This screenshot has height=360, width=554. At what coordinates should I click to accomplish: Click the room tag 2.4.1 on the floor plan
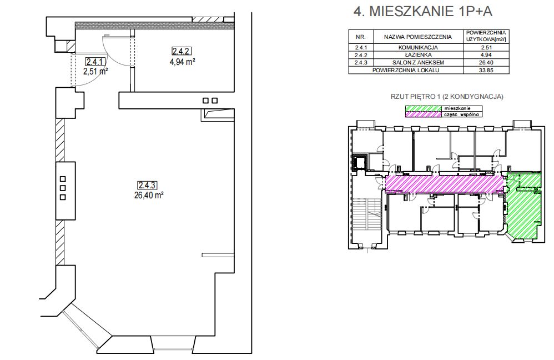point(95,62)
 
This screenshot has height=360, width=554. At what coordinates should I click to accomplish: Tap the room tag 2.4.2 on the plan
point(182,51)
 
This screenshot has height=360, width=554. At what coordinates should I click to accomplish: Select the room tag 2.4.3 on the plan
point(147,185)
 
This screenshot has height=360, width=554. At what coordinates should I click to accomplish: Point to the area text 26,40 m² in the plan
point(148,195)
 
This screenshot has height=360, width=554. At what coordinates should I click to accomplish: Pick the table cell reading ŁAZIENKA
point(418,55)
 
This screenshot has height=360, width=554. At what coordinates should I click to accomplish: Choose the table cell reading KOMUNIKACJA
point(418,47)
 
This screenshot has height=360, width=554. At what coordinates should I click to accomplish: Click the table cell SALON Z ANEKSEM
point(418,63)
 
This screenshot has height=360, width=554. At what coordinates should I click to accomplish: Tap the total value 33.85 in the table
point(486,70)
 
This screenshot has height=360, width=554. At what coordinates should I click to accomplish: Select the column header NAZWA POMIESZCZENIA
point(418,37)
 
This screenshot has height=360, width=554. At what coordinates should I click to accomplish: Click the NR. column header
point(360,37)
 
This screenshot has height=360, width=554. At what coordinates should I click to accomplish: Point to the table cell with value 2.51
point(486,47)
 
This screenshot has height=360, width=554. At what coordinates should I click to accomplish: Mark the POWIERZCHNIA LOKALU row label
point(406,70)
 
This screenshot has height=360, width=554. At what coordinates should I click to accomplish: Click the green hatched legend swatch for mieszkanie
point(424,108)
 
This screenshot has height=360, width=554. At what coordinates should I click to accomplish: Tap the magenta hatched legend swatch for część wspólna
point(424,114)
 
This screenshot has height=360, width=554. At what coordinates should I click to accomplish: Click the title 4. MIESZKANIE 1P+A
point(422,11)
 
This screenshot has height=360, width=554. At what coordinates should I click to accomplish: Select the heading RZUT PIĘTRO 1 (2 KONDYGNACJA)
point(447,97)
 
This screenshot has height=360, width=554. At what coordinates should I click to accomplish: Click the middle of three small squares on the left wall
point(63,188)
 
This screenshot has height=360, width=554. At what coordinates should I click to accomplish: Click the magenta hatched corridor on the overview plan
point(444,184)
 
